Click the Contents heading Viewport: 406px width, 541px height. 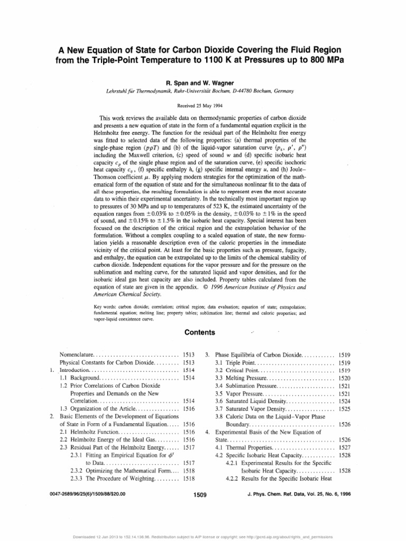199,333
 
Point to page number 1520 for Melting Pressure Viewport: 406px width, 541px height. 344,379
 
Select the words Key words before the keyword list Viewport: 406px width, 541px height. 105,307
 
